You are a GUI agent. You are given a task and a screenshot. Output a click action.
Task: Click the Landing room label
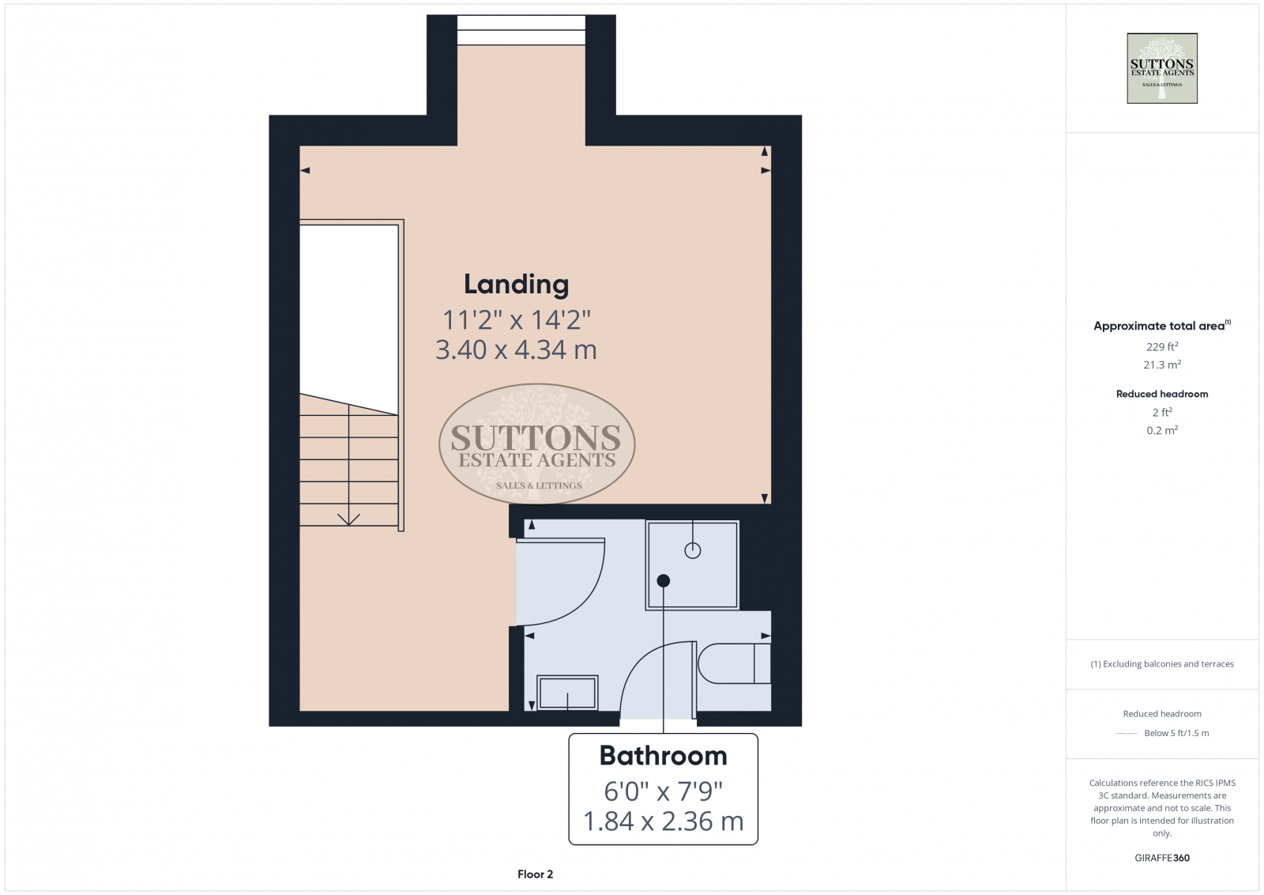coord(516,285)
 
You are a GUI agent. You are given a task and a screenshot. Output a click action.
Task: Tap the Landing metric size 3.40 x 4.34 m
coord(516,349)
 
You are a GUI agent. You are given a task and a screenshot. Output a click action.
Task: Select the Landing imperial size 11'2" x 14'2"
coord(516,320)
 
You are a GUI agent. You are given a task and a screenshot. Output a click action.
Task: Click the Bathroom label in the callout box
coord(663,756)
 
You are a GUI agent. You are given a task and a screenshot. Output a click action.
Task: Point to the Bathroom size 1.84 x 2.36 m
coord(663,821)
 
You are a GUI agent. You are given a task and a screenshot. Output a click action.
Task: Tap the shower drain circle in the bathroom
coord(693,551)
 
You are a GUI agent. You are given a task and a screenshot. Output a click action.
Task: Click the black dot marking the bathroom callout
coord(664,580)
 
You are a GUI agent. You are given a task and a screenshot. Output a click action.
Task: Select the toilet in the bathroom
coord(732,663)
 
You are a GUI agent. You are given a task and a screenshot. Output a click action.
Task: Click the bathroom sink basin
coord(567,693)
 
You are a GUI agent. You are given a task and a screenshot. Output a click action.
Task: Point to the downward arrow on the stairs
coord(348,519)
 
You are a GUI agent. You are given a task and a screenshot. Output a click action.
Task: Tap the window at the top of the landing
coord(521,30)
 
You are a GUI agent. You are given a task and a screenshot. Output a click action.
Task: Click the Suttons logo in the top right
coord(1161,68)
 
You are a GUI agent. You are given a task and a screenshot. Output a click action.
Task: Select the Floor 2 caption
coord(535,874)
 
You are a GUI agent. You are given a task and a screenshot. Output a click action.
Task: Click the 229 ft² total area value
coord(1162,347)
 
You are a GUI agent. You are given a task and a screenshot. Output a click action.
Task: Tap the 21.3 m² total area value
coord(1162,365)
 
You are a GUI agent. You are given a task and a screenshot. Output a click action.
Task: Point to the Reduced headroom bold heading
coord(1161,394)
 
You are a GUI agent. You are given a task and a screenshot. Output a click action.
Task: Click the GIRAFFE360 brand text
coord(1161,858)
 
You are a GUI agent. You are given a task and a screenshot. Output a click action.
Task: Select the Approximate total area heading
coord(1160,326)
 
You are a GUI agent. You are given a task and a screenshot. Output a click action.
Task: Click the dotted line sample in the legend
coord(1126,734)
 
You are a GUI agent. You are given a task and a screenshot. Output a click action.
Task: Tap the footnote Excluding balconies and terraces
coord(1162,664)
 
